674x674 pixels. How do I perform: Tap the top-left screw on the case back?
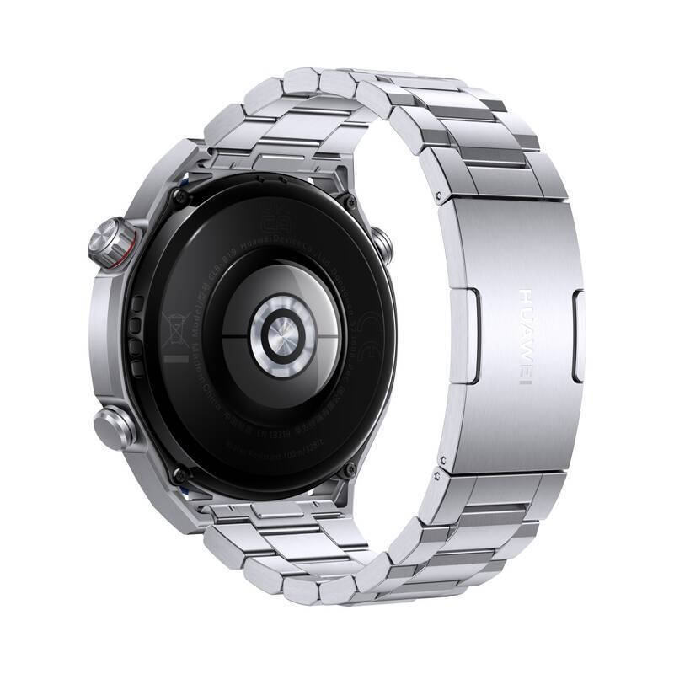(x=178, y=196)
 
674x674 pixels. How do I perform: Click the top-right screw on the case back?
(x=348, y=199)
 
